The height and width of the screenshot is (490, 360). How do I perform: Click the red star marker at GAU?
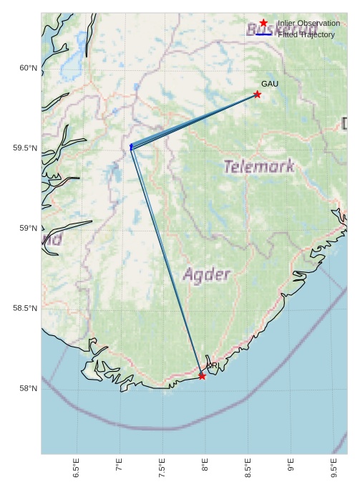tap(257, 95)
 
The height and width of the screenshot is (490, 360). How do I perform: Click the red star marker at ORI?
tap(202, 375)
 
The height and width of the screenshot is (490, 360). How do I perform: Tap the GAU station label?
tap(270, 85)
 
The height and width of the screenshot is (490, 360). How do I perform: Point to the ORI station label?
tap(213, 366)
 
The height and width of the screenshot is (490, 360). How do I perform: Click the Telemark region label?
tap(258, 167)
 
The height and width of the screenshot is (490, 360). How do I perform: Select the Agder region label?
tap(207, 274)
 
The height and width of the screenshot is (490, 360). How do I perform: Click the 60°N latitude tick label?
tap(28, 68)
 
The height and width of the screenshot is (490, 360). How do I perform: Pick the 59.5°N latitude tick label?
tap(25, 148)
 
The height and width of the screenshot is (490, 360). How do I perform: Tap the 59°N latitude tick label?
tap(28, 229)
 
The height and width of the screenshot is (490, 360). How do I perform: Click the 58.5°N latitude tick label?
tap(25, 309)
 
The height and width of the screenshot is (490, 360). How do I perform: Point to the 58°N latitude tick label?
tap(28, 389)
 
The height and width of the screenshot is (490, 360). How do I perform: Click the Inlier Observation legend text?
tap(308, 24)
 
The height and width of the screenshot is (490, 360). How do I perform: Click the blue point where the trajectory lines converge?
tap(132, 147)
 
